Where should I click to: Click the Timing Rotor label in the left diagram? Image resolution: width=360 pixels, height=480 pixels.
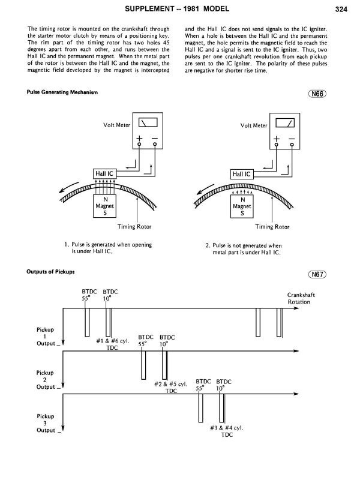tap(131, 227)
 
